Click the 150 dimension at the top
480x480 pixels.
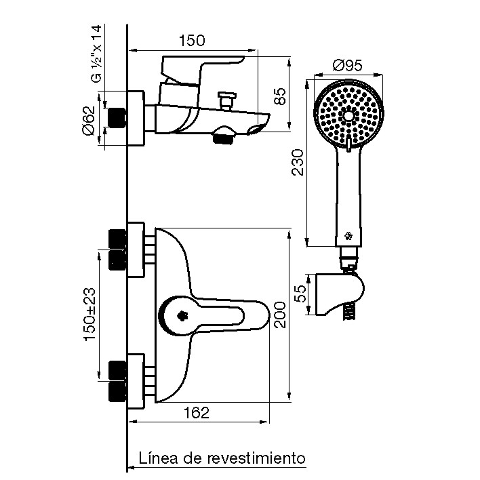191,40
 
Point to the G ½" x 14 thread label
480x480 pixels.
97,54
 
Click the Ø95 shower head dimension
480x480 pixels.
346,66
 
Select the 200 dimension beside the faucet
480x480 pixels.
279,315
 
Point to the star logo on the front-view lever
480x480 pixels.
182,315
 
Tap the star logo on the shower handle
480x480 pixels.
348,237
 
